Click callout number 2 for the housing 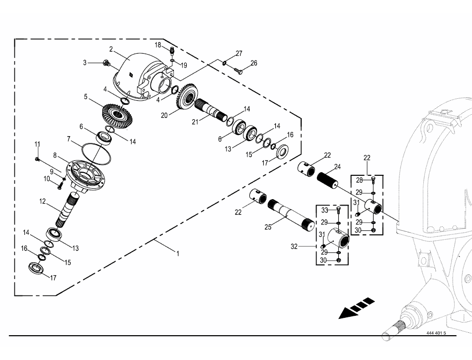112,49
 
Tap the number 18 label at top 157,45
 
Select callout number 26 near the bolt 253,63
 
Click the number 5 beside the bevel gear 85,97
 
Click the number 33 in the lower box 325,210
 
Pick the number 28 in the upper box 359,180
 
